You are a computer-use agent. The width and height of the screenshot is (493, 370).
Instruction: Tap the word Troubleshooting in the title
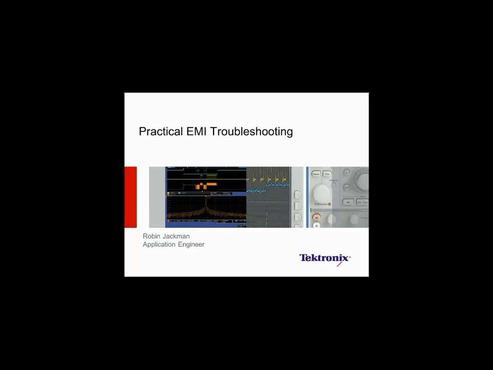tap(252, 132)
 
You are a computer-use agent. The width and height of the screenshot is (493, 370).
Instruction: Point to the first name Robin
tap(151, 236)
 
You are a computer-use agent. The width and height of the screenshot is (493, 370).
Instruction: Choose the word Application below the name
tap(160, 245)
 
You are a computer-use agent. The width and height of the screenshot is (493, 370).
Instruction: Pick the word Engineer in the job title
tap(191, 245)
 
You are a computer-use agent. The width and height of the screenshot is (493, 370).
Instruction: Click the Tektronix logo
tap(325, 257)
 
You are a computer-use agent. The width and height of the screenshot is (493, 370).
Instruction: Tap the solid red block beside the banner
tap(130, 197)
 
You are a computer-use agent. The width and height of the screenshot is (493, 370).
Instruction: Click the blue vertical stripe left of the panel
tap(308, 197)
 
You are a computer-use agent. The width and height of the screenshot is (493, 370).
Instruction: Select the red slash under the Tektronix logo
tap(339, 264)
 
